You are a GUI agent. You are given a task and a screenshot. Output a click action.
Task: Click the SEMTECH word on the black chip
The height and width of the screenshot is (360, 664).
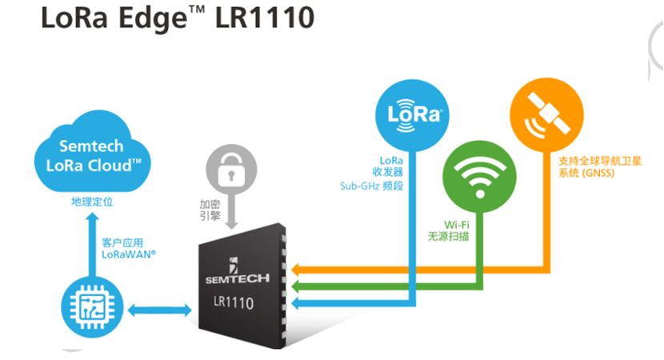point(238,278)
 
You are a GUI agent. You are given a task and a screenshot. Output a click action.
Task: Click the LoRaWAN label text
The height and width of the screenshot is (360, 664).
point(129,254)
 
